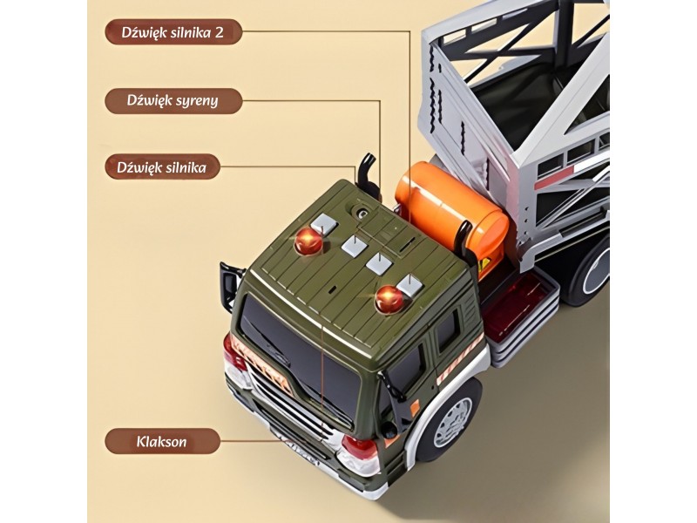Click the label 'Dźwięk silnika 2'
coord(173,34)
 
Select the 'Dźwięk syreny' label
coord(173,100)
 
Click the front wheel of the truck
coord(448,419)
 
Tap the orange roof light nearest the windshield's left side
coord(308,242)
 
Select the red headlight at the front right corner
coord(360,450)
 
